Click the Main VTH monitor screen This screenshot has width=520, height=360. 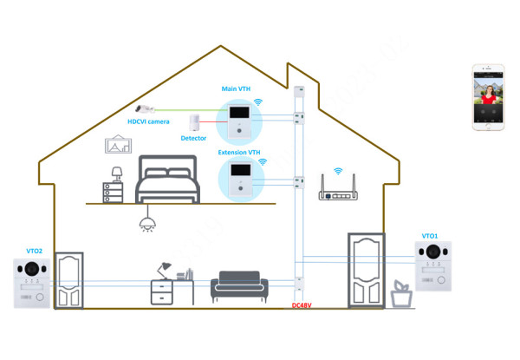click(236, 114)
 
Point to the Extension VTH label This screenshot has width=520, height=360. click(238, 152)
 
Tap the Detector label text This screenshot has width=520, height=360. click(193, 139)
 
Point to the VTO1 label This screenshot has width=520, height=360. click(430, 236)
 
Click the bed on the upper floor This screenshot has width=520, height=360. click(171, 179)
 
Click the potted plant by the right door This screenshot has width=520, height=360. click(400, 292)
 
